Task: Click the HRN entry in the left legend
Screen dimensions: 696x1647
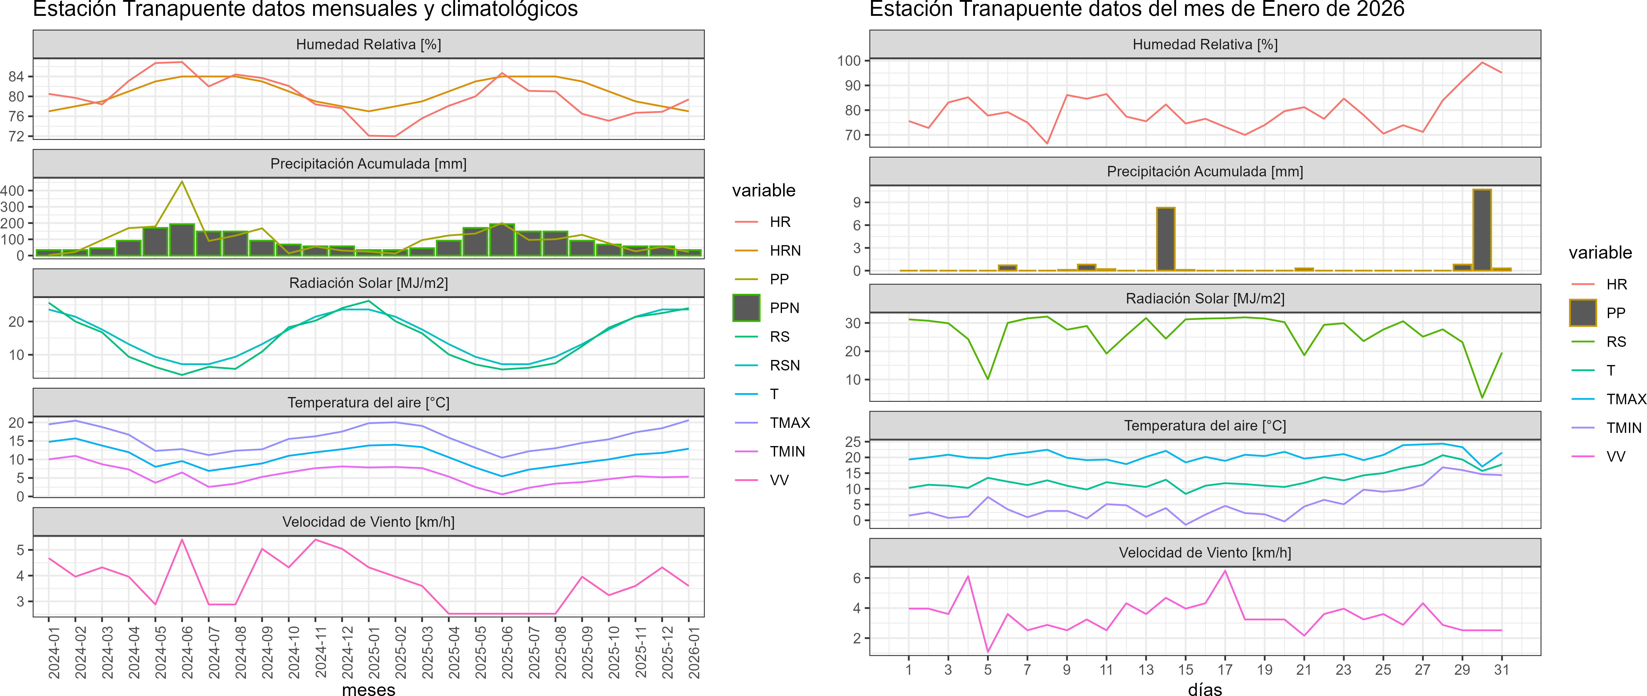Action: pyautogui.click(x=784, y=251)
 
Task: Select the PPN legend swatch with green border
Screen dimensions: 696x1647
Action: pyautogui.click(x=746, y=308)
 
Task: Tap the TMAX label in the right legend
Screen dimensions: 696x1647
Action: pyautogui.click(x=1625, y=399)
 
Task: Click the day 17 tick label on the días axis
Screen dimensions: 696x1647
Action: pyautogui.click(x=1225, y=670)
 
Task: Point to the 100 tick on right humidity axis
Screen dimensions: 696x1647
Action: pyautogui.click(x=849, y=61)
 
